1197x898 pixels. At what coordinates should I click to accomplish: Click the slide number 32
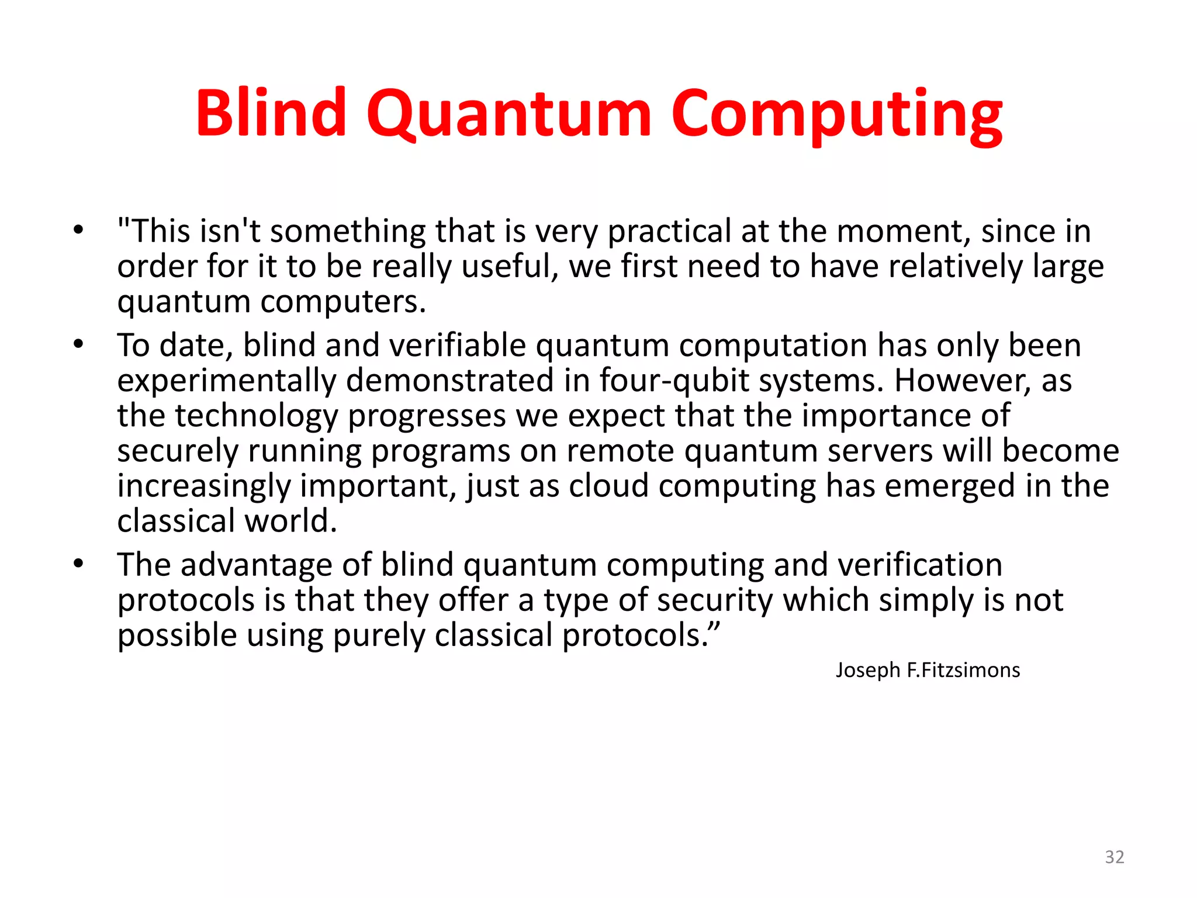[x=1114, y=857]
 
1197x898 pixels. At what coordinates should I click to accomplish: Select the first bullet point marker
[x=78, y=230]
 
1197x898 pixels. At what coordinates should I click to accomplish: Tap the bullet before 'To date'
[x=78, y=344]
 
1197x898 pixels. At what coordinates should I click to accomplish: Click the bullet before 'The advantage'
[x=78, y=564]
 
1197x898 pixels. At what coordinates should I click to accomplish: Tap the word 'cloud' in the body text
[x=608, y=486]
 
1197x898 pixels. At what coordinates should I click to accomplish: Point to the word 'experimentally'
[x=227, y=381]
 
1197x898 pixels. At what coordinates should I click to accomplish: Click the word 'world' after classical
[x=290, y=520]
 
